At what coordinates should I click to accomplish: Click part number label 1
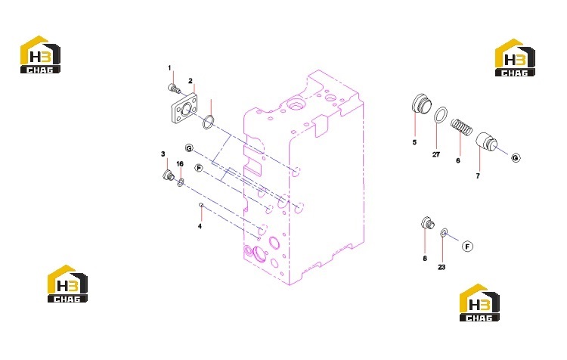pos(169,68)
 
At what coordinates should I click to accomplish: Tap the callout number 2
pos(191,81)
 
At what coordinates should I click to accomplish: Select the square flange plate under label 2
pos(184,109)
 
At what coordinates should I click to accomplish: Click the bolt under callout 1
pos(174,88)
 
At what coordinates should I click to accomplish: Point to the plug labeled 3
pos(168,175)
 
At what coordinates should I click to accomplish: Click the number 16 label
pos(180,164)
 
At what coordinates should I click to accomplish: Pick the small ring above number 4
pos(201,205)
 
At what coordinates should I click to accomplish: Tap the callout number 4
pos(200,226)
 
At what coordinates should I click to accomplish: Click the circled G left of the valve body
pos(189,148)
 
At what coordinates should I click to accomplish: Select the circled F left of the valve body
pos(199,168)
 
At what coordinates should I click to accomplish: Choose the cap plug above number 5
pos(422,104)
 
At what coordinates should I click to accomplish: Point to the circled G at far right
pos(516,158)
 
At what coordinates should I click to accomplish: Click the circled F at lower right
pos(467,247)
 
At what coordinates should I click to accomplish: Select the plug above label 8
pos(428,223)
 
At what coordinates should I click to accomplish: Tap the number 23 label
pos(442,268)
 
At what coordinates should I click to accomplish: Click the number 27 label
pos(436,154)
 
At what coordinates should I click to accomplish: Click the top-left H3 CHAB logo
pos(40,54)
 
